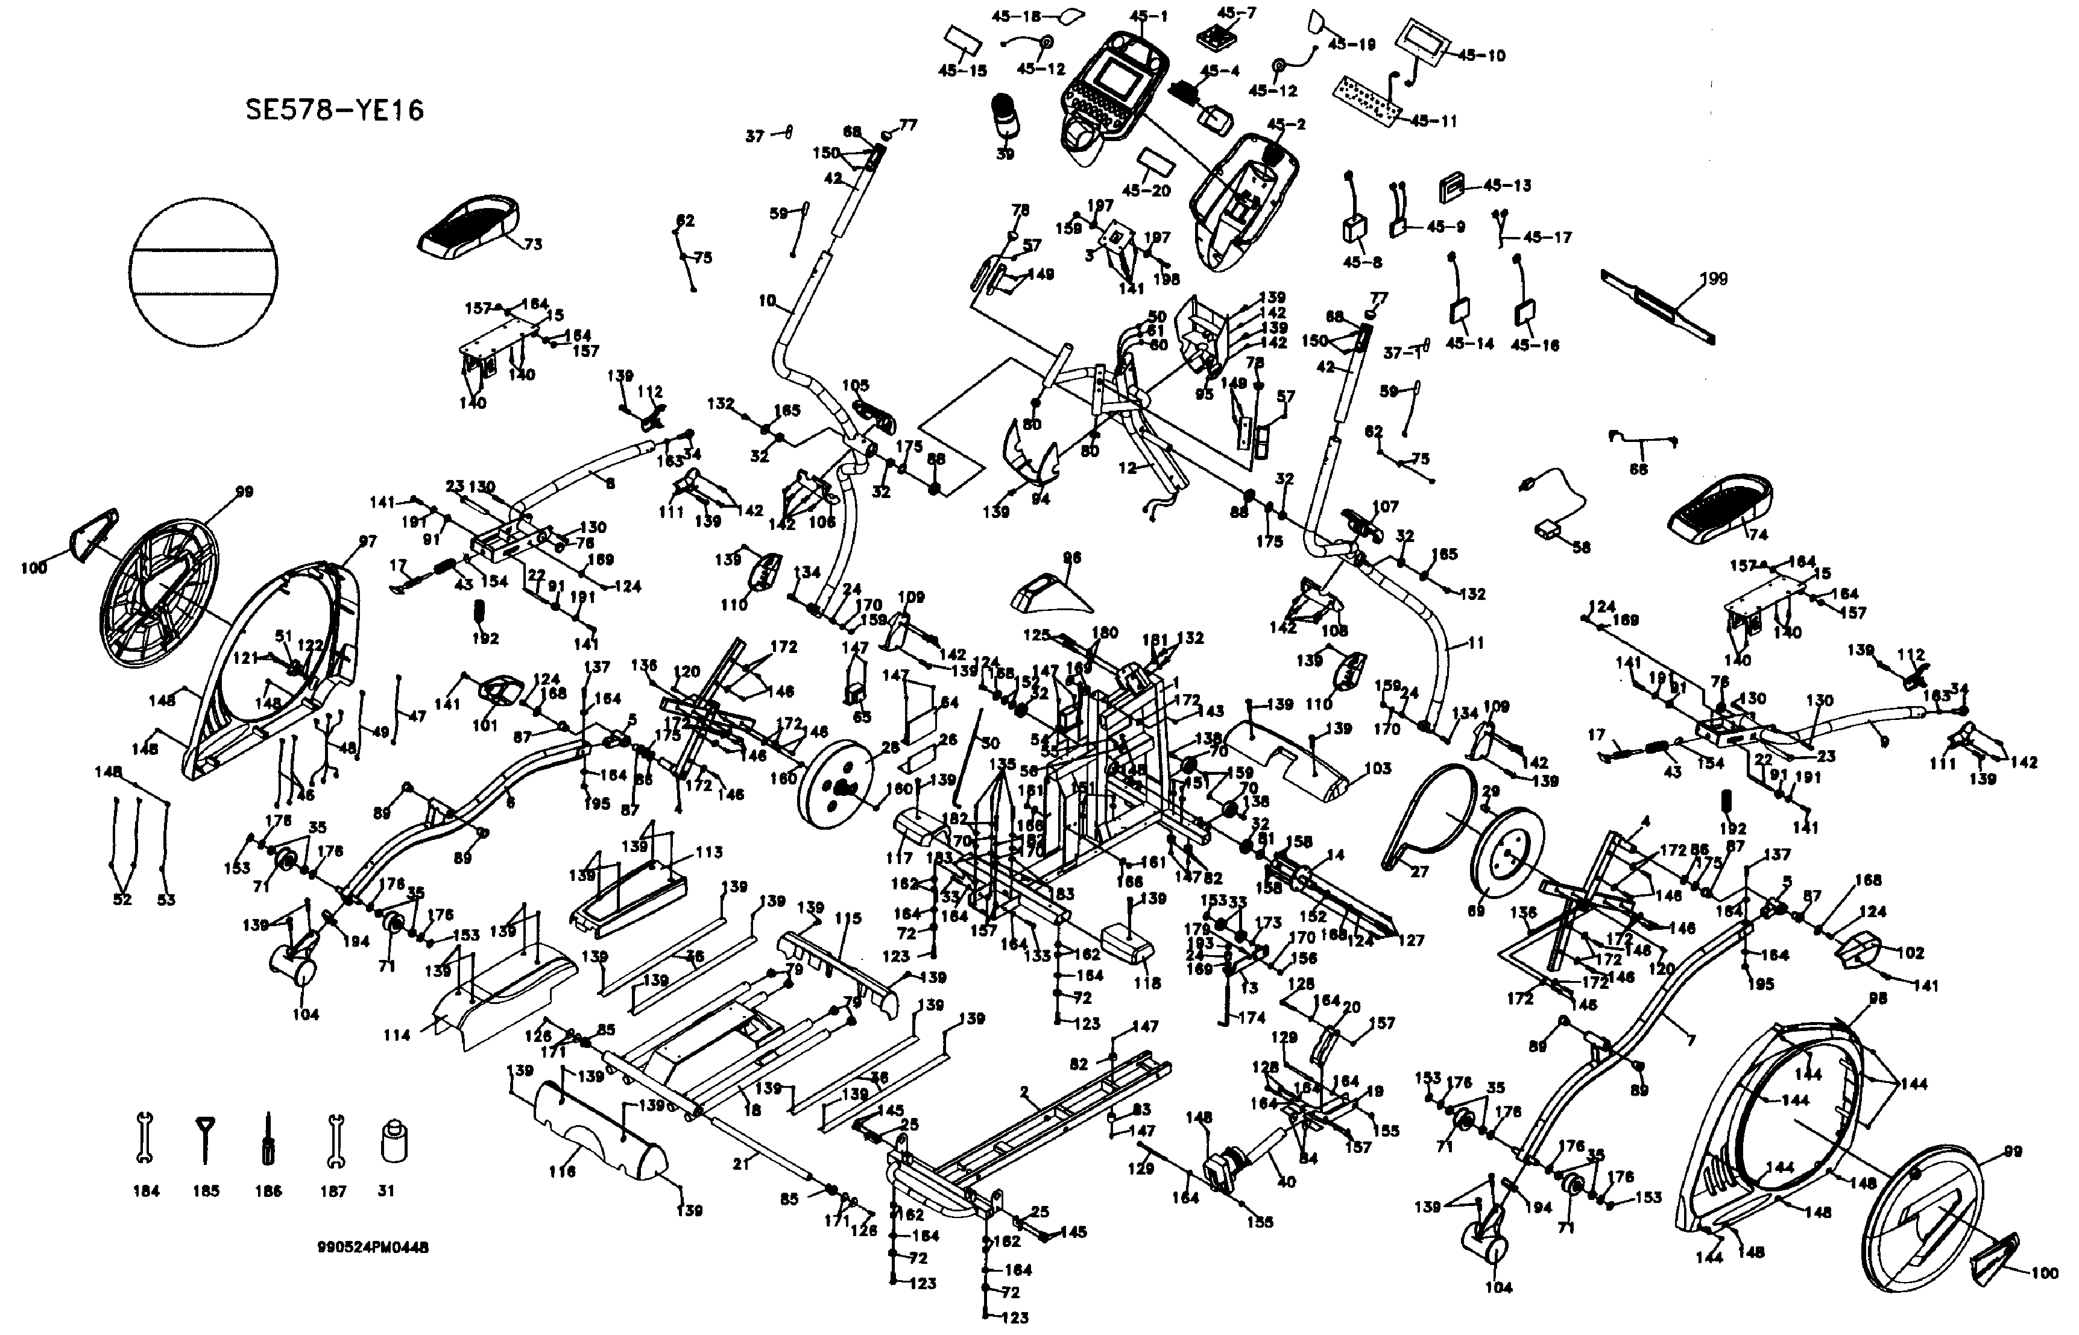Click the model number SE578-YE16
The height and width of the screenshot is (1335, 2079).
[x=335, y=111]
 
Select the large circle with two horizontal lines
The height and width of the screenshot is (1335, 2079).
[x=204, y=272]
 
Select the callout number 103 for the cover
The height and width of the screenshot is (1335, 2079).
[x=1377, y=768]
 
